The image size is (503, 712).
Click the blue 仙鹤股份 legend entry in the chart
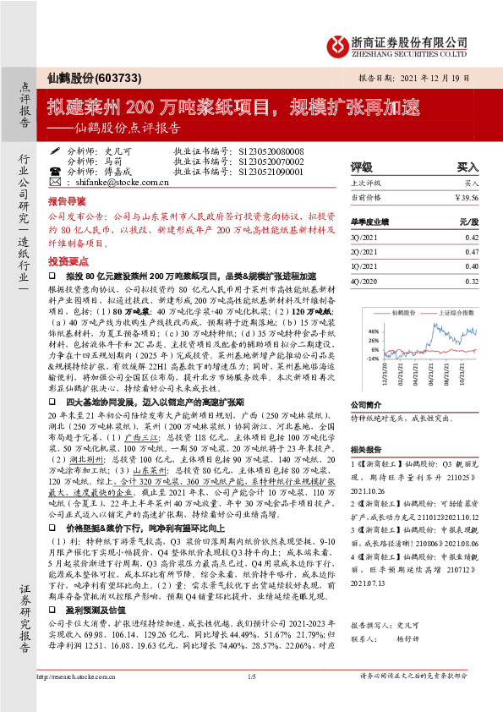coord(385,312)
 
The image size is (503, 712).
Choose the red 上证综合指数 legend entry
coord(445,312)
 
